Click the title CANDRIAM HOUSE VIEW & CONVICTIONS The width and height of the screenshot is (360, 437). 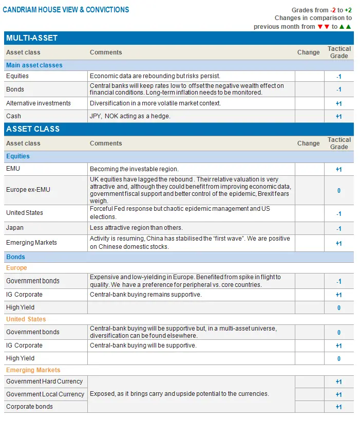(66, 10)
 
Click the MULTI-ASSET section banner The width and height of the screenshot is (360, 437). (32, 38)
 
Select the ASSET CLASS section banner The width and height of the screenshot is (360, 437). (33, 129)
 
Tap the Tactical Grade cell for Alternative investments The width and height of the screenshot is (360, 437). (338, 104)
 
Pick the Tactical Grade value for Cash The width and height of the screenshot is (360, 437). (338, 117)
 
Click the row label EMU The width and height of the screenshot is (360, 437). (13, 169)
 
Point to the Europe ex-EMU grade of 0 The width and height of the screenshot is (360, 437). (339, 191)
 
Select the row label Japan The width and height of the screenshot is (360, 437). (15, 228)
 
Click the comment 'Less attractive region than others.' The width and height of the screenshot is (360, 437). (136, 228)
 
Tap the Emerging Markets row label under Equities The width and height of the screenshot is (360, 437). (31, 243)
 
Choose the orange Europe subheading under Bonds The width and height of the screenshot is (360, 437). (16, 268)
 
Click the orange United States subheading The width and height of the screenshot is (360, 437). (26, 319)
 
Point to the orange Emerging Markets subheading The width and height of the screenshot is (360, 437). (33, 370)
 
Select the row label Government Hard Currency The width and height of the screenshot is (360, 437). (44, 381)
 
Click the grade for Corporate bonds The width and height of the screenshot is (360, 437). (338, 407)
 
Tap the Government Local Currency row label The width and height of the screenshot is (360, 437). (45, 394)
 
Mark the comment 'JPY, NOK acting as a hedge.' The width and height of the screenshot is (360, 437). (130, 116)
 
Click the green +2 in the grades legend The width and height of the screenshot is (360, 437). (348, 10)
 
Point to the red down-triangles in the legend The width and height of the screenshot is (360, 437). (324, 27)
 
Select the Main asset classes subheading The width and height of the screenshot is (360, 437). (34, 65)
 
